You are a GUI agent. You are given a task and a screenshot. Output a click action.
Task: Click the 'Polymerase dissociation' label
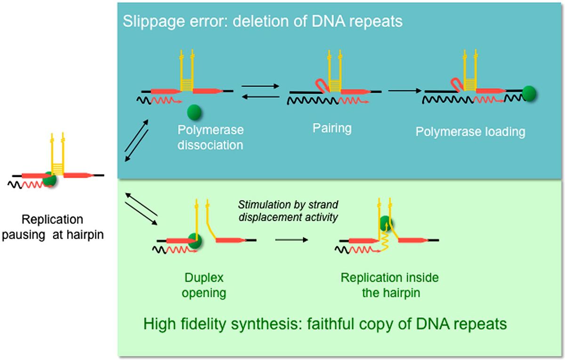[210, 137]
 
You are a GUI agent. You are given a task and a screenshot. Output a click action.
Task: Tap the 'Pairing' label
[332, 128]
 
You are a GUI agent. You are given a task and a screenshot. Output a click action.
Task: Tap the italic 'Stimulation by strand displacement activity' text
[288, 211]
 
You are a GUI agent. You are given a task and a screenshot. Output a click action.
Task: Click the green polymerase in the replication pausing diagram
[48, 179]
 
